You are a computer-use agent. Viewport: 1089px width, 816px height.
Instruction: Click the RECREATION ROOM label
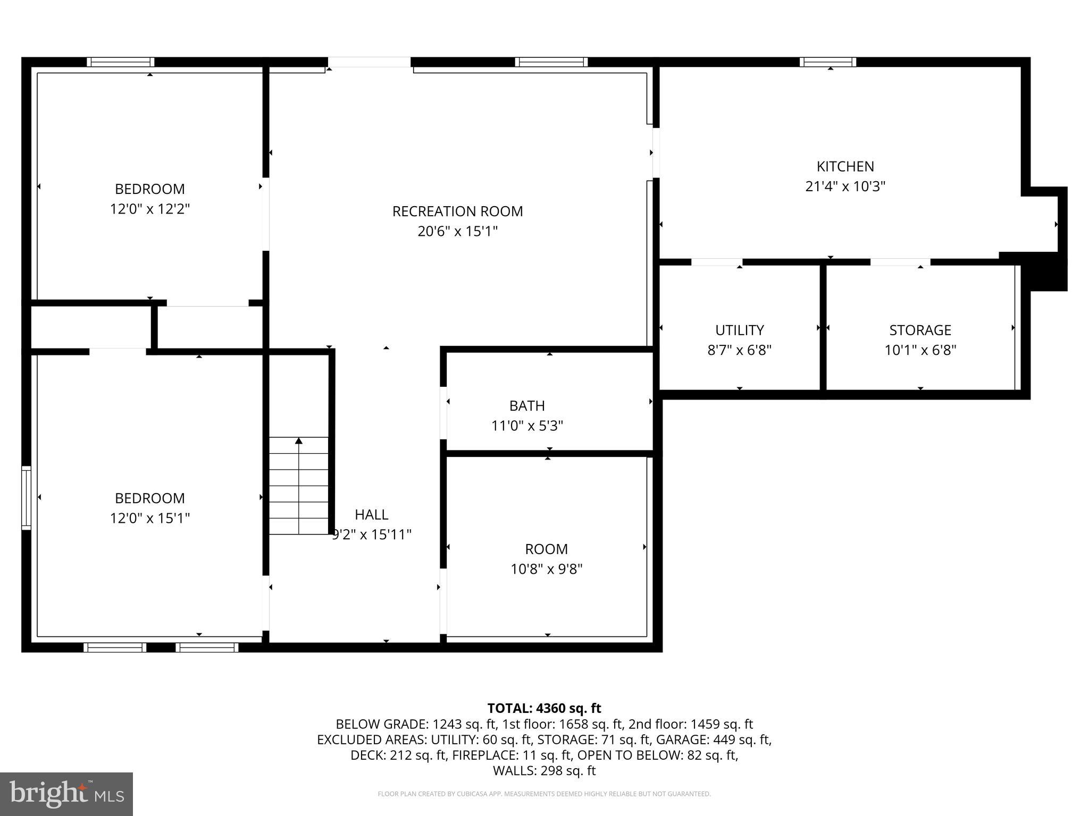click(x=457, y=211)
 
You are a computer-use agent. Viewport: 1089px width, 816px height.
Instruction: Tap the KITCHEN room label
click(x=845, y=166)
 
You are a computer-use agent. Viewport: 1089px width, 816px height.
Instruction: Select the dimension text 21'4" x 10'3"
click(x=845, y=186)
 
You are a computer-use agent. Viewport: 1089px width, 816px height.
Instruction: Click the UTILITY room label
click(x=739, y=330)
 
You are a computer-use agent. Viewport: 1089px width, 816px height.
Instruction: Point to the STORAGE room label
click(x=920, y=330)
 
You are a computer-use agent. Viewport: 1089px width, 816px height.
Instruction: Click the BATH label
click(x=527, y=406)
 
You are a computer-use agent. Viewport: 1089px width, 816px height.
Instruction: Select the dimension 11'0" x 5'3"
click(x=527, y=426)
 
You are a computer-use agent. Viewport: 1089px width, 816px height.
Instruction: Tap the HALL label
click(x=371, y=514)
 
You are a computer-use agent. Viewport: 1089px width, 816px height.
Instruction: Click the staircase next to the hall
click(x=298, y=486)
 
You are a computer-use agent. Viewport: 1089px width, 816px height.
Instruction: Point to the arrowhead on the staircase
click(x=299, y=441)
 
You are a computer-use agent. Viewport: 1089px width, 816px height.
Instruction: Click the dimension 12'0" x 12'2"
click(x=149, y=209)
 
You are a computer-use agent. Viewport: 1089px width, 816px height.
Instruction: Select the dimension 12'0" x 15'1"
click(x=149, y=518)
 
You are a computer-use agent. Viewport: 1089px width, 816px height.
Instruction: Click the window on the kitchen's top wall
click(x=828, y=62)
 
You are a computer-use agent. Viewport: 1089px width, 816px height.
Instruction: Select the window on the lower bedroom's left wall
click(x=26, y=498)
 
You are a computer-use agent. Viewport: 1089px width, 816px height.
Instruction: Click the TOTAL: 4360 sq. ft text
click(x=544, y=708)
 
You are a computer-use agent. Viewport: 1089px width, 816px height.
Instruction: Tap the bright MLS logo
click(x=66, y=794)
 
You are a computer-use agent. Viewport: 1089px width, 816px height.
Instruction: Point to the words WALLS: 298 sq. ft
click(x=544, y=770)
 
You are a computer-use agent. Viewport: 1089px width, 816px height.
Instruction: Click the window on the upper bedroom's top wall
click(x=121, y=62)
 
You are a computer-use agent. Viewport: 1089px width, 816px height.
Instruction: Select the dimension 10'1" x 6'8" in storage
click(x=920, y=350)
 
